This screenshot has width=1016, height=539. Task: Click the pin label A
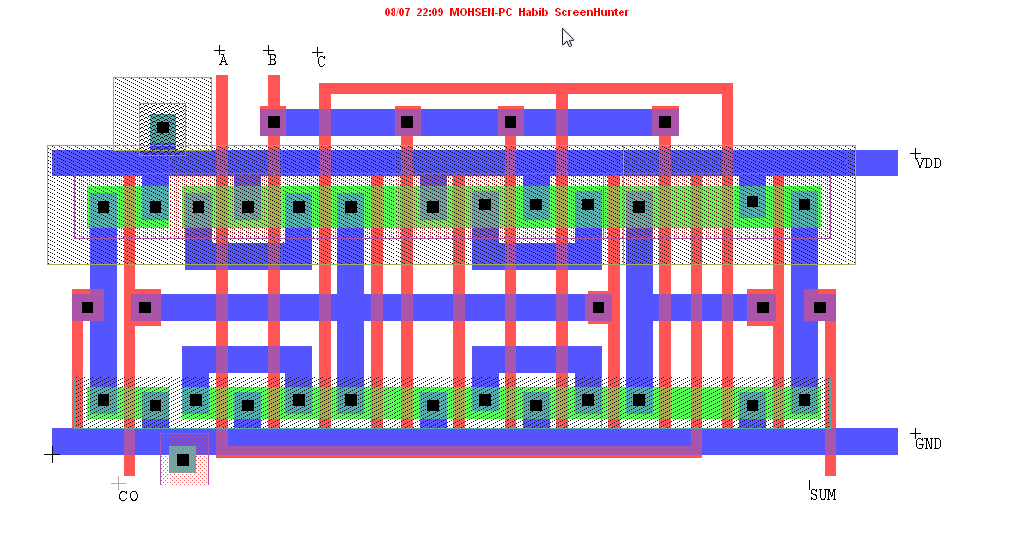coord(224,60)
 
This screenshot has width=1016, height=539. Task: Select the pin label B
coord(273,60)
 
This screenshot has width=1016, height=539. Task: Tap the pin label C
coord(321,61)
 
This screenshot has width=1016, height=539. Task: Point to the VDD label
coord(929,163)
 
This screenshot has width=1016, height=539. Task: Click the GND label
coord(929,444)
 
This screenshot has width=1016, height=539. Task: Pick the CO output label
coord(128,497)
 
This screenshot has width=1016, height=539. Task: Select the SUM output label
coord(823,495)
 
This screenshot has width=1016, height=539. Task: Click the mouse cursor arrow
coord(567,37)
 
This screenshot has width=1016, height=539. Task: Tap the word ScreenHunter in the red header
coord(592,12)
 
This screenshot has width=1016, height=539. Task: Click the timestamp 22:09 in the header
coord(429,12)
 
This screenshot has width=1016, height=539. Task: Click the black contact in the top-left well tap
coord(163,127)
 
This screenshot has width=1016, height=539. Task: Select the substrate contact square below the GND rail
coord(183,460)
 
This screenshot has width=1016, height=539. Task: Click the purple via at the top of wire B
coord(274,121)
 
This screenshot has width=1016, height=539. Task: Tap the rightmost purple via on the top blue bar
coord(665,121)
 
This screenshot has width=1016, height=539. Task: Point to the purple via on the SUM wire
coord(820,307)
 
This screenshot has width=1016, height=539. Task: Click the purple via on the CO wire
coord(145,307)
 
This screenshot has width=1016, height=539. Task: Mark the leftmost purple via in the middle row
coord(87,307)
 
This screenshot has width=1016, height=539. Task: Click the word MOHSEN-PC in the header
coord(481,12)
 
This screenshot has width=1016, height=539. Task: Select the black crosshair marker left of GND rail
coord(52,454)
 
